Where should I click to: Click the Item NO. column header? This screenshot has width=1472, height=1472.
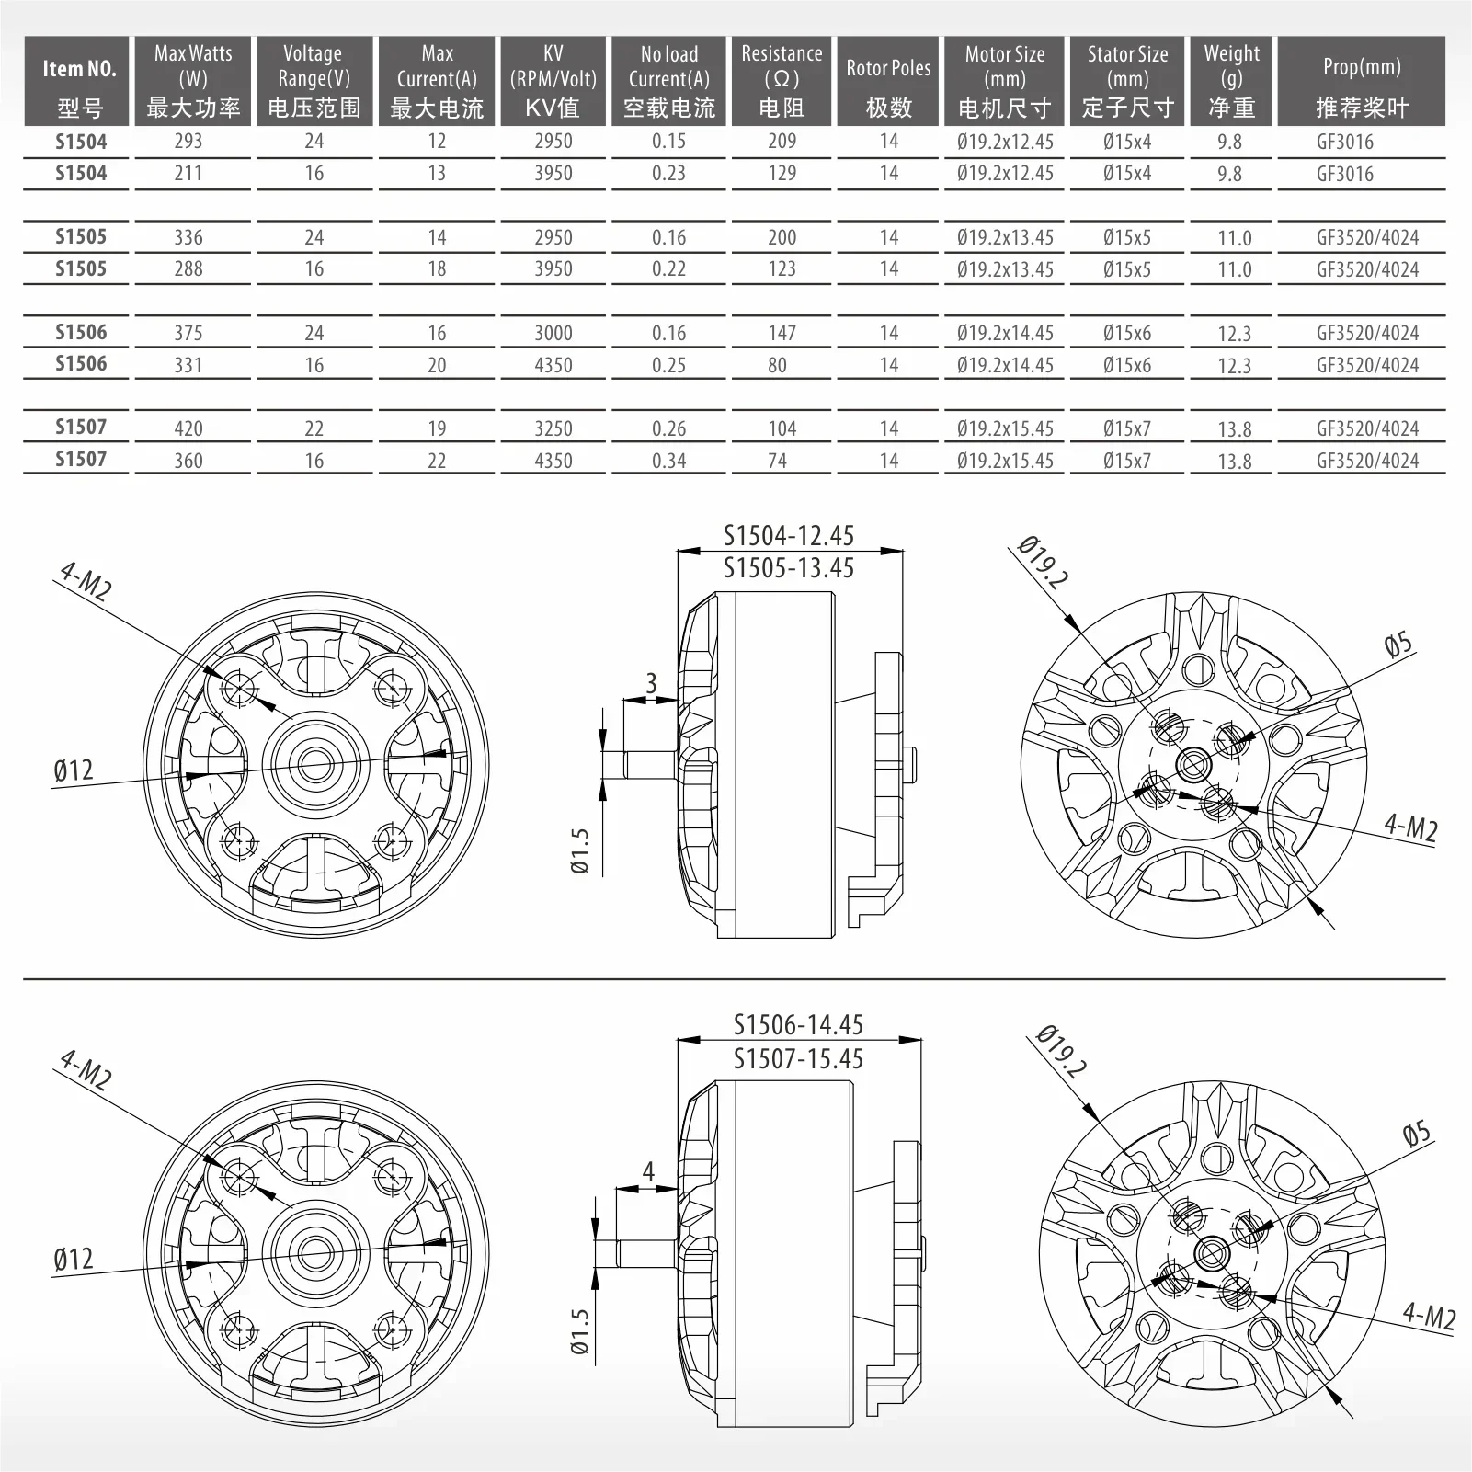coord(79,81)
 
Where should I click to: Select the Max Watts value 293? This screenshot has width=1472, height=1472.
coord(188,142)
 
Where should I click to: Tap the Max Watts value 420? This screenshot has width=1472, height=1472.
coord(188,428)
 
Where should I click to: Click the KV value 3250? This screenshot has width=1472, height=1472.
coord(553,428)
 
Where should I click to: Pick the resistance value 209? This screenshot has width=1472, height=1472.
coord(782,142)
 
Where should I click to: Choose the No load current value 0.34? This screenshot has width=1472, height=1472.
coord(668,461)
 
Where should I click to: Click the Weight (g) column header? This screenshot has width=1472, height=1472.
coord(1231,81)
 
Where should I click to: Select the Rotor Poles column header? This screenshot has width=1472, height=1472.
coord(888,81)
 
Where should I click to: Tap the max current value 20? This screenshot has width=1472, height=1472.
coord(437,365)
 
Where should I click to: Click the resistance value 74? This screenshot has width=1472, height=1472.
coord(777,461)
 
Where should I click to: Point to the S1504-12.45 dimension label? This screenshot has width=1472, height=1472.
coord(788,535)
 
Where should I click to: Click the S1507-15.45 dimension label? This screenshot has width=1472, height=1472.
coord(798,1059)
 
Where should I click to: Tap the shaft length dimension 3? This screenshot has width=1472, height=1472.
coord(651,683)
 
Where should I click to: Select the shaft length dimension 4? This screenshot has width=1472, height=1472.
coord(648,1172)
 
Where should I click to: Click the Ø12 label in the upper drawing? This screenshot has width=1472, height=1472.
coord(74,770)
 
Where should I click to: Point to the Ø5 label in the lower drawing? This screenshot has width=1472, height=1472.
coord(1416,1133)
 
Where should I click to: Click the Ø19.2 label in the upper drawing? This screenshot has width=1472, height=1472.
coord(1044,563)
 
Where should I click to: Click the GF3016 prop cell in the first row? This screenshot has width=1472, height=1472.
coord(1344,142)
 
